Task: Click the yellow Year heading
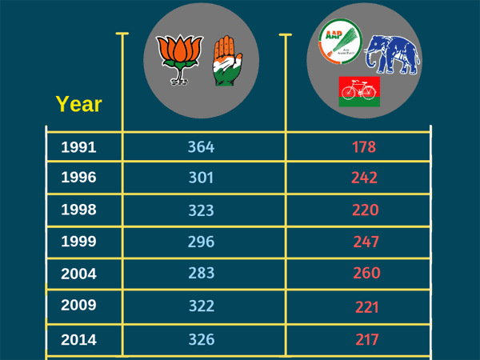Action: pos(78,104)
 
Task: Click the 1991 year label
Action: pos(78,147)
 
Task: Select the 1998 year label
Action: pos(78,210)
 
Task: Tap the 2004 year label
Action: pos(78,274)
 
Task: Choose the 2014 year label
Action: pos(78,339)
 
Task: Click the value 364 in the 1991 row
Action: pos(202,147)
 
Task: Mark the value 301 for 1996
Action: pos(201,178)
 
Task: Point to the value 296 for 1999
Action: pos(201,241)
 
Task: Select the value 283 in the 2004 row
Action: pos(202,273)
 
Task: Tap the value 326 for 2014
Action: pos(202,339)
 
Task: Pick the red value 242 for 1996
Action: pos(364,178)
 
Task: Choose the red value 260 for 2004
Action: pos(366,274)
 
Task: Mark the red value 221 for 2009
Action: pos(366,306)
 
